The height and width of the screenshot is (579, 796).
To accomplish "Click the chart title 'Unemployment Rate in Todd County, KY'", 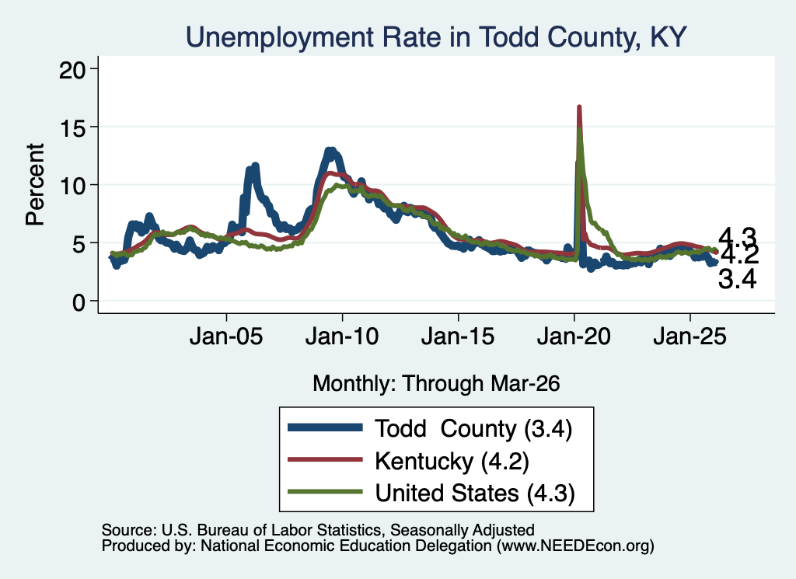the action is point(436,38).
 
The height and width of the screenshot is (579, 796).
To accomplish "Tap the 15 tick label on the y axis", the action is point(72,127).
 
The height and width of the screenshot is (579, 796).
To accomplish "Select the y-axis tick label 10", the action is point(72,186).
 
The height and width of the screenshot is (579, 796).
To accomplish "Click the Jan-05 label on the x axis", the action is point(226,337).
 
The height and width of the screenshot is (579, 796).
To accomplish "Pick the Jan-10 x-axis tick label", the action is point(342,337).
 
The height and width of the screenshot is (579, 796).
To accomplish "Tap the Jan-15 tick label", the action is point(458,337).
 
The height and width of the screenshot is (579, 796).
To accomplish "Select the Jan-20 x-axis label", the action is point(574,337).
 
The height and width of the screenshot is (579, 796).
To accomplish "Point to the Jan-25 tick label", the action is point(690,337).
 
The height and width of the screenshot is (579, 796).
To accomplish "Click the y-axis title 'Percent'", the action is point(35,185).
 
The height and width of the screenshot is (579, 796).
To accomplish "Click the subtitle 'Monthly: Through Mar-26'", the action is point(436,383).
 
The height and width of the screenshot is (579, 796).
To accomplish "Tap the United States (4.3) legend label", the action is point(475,493).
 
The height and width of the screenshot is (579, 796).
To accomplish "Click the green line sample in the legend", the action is point(325,492).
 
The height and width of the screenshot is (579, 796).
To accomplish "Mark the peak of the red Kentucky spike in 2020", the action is point(578,106).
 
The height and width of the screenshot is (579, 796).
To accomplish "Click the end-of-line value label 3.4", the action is point(737,279).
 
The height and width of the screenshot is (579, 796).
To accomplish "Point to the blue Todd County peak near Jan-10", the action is point(330,150).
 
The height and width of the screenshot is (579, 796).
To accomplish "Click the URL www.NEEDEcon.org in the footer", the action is point(575,546).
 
